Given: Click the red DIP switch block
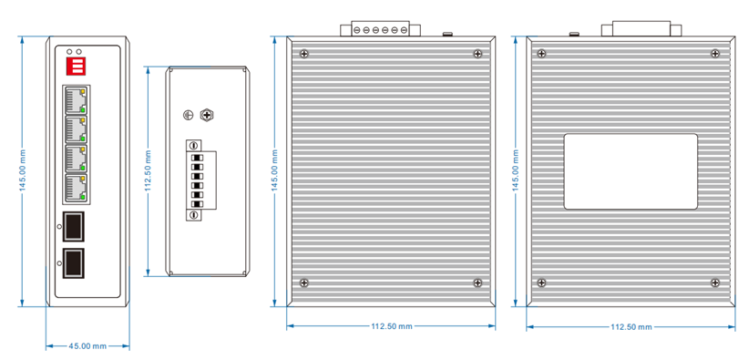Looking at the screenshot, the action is [x=76, y=67].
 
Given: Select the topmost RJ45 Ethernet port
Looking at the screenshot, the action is [x=76, y=100].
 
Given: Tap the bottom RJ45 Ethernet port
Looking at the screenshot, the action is [x=76, y=188].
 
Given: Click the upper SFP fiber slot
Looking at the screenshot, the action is [x=73, y=226].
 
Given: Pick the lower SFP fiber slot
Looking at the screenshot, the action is [x=73, y=263].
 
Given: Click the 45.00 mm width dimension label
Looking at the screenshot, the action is [x=87, y=345].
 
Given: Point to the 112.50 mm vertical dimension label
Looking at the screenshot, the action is [x=149, y=171].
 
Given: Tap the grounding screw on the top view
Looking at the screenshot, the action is [x=207, y=115].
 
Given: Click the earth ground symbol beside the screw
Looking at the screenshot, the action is [x=189, y=115].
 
